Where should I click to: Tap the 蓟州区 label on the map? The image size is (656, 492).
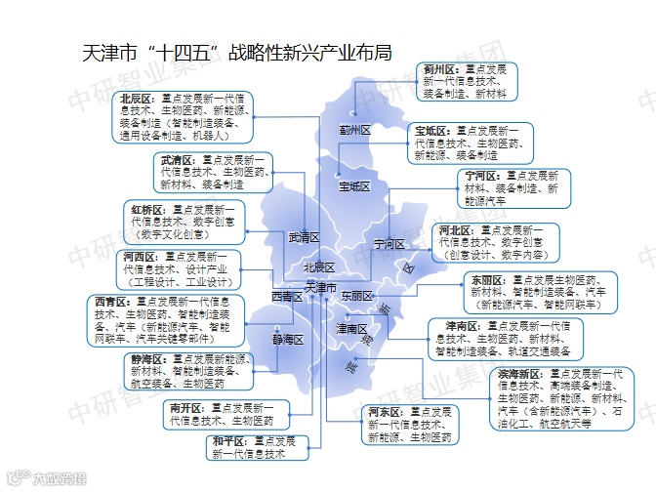(355, 130)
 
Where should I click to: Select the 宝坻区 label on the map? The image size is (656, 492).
(354, 185)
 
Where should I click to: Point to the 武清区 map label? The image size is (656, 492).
(305, 237)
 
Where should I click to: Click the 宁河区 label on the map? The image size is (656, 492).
(389, 243)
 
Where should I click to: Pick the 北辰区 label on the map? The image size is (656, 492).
(318, 267)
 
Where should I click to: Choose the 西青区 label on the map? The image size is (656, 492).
(287, 296)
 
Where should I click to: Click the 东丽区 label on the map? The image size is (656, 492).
(357, 295)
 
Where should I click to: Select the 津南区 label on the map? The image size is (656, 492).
(352, 329)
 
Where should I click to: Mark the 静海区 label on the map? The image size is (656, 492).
(288, 340)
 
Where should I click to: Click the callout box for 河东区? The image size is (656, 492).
(409, 425)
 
